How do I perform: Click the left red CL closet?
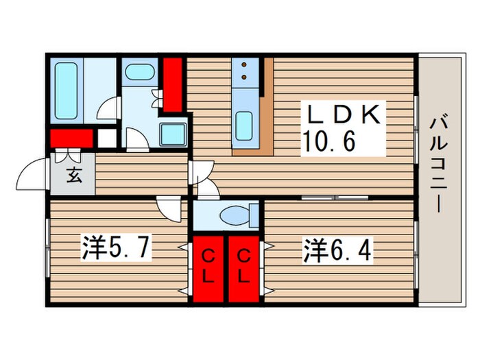pyautogui.click(x=208, y=268)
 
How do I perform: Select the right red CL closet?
pyautogui.click(x=243, y=268)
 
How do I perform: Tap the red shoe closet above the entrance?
pyautogui.click(x=71, y=138)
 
